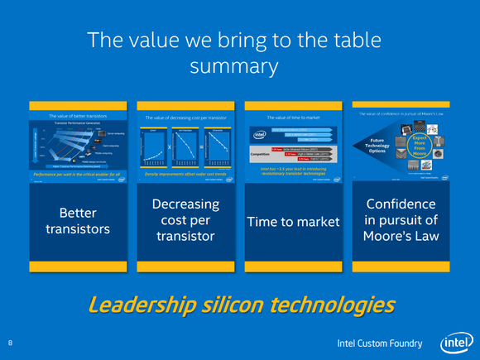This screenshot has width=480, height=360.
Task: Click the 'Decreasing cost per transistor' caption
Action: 185,222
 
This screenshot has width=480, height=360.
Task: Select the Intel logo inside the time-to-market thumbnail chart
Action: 259,135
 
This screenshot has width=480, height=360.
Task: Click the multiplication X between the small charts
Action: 170,146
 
